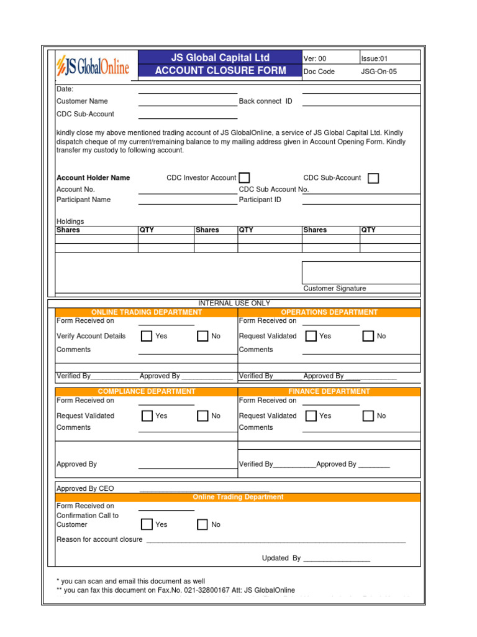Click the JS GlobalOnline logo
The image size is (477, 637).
click(x=93, y=65)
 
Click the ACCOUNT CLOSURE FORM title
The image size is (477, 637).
click(x=220, y=71)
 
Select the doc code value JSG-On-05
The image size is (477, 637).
click(x=379, y=72)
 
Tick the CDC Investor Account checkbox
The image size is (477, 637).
click(x=245, y=178)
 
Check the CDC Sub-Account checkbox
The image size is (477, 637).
click(x=373, y=179)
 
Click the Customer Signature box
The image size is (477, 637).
click(x=361, y=272)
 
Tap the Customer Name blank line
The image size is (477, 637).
click(x=188, y=101)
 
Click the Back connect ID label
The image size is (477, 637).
click(x=265, y=101)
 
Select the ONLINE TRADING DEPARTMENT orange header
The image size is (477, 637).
click(x=147, y=312)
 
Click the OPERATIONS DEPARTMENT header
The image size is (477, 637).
click(x=329, y=312)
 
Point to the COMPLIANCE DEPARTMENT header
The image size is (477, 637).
click(x=147, y=391)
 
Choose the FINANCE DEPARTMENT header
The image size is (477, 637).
click(x=329, y=391)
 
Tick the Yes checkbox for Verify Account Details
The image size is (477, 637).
click(x=147, y=337)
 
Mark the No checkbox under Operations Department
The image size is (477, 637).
click(x=368, y=337)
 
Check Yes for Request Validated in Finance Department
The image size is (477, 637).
click(x=311, y=416)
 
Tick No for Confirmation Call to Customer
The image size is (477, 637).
click(x=202, y=524)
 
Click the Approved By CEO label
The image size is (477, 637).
click(x=85, y=489)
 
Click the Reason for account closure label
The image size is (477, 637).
click(x=99, y=539)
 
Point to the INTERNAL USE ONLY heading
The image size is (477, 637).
click(x=234, y=303)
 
